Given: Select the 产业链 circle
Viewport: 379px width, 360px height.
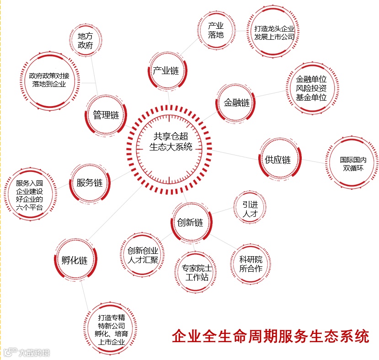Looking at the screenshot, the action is (x=165, y=71).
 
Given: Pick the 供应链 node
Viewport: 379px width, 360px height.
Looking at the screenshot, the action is (x=278, y=160).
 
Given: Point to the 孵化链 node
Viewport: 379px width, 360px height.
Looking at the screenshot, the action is (x=74, y=261).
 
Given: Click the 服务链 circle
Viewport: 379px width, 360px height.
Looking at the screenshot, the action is (x=90, y=183).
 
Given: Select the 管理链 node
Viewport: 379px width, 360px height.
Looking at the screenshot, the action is (x=106, y=115).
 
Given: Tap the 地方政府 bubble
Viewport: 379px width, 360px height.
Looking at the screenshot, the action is (x=85, y=41).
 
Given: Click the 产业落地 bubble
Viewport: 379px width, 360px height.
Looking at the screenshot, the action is (x=215, y=30).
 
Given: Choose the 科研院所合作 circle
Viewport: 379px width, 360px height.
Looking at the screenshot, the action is (x=251, y=264).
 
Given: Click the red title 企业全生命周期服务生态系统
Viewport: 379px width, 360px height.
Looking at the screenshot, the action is (x=270, y=336).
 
